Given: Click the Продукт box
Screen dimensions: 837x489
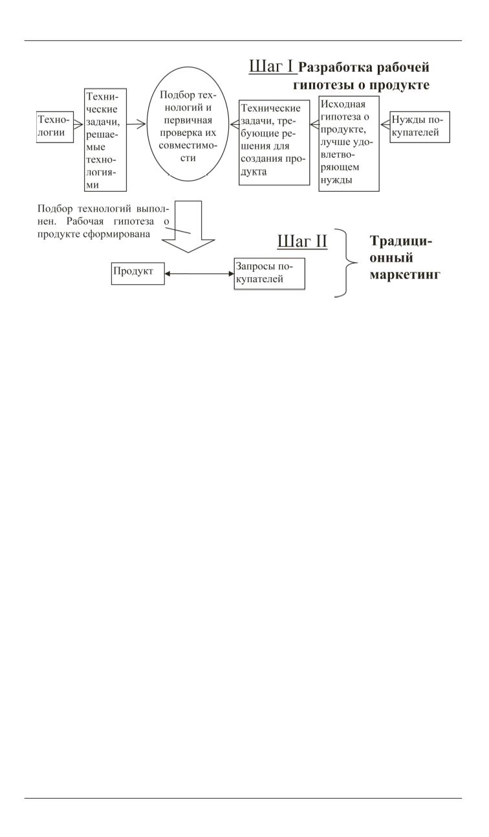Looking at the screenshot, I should coord(134,273).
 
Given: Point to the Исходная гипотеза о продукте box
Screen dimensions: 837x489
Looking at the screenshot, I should coord(349,142).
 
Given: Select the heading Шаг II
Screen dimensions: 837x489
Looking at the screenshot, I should coord(302,241).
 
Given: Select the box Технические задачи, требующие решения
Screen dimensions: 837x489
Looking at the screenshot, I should coord(274,142).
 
